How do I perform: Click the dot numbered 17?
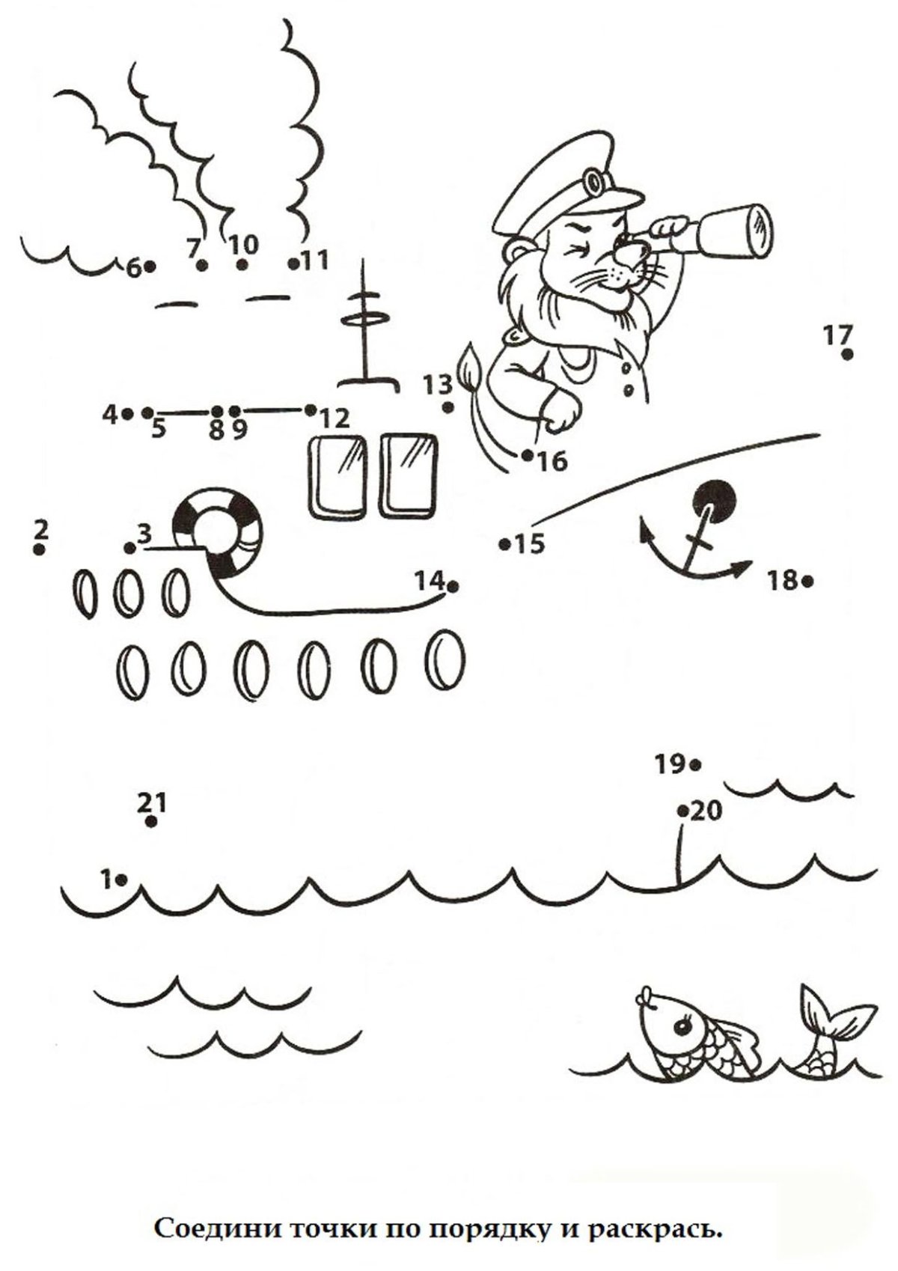coord(847,355)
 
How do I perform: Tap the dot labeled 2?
coord(39,549)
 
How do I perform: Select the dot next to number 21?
coord(151,822)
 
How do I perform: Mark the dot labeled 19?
coord(695,765)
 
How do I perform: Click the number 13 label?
coord(439,385)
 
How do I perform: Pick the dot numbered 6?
coord(150,266)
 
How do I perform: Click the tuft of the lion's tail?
coord(470,365)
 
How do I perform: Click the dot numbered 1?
coord(121,880)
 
